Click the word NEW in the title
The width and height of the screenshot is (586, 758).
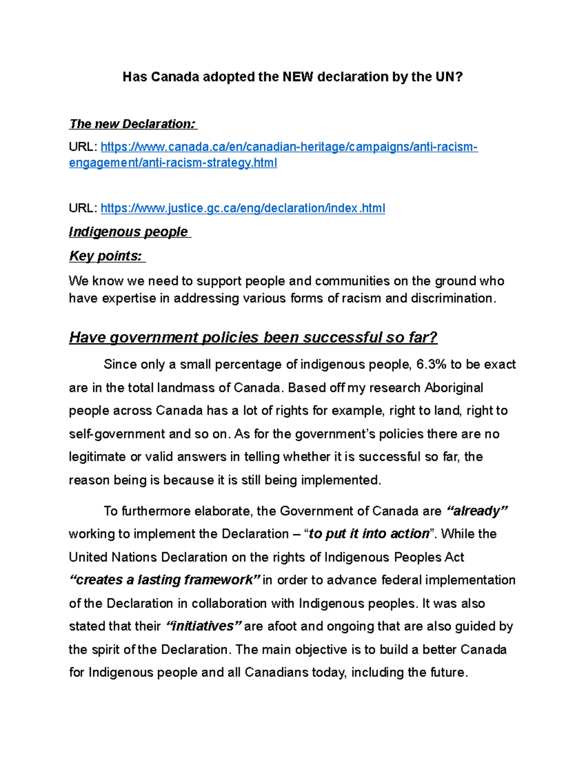[x=297, y=77]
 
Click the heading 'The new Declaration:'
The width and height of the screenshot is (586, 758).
[x=133, y=124]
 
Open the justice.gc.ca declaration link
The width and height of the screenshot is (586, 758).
[x=243, y=208]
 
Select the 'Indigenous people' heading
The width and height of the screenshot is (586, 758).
[x=129, y=232]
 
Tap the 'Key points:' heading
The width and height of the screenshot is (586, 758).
[x=106, y=256]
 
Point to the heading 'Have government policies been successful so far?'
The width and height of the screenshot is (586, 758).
[x=253, y=337]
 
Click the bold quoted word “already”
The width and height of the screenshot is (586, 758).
[x=477, y=511]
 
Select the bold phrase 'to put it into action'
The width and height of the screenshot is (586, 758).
[x=369, y=534]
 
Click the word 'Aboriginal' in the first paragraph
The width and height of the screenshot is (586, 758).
[x=454, y=388]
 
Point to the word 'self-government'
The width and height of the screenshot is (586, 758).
[x=117, y=434]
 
